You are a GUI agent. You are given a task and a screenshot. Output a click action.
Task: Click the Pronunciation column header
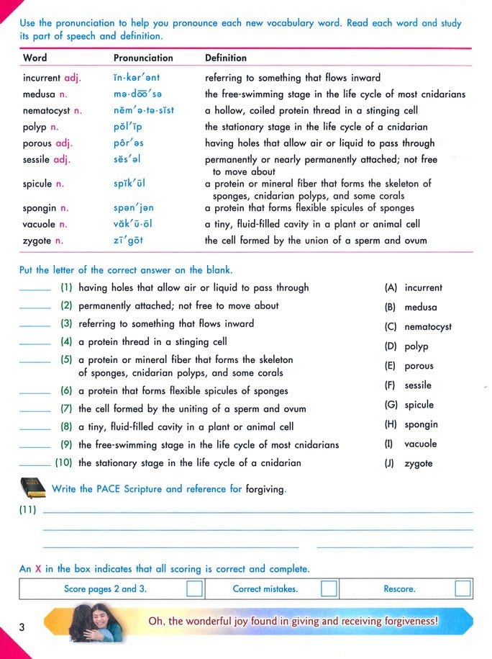143,58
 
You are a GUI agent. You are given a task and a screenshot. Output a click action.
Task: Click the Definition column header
225,58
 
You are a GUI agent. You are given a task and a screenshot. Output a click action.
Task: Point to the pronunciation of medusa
138,94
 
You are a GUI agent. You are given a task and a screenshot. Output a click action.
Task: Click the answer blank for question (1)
35,290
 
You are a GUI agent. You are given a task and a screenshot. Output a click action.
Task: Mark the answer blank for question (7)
35,411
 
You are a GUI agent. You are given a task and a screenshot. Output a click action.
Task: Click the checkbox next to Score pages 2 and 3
194,589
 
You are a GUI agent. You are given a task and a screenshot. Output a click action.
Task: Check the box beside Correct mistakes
329,589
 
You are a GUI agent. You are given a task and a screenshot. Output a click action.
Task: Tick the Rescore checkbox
463,589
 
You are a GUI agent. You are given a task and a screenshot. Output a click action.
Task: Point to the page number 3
22,627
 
